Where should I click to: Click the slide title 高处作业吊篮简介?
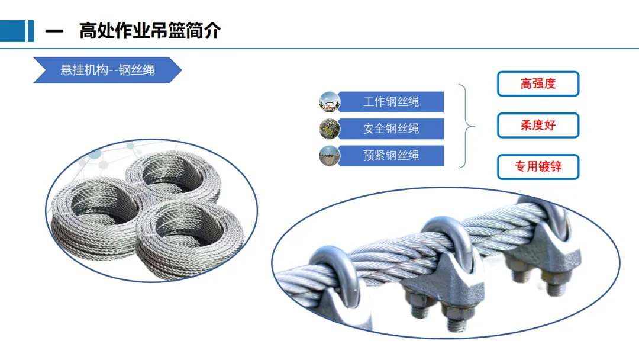point(150,31)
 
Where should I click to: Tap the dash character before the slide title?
point(54,31)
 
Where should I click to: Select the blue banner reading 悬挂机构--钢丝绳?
point(107,70)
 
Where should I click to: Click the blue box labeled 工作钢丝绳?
point(391,102)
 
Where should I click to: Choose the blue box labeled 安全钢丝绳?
point(391,128)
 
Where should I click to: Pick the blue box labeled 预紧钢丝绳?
point(391,156)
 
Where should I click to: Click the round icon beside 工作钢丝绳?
point(329,102)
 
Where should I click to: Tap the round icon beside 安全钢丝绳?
point(329,128)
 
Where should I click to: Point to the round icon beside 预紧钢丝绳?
point(329,156)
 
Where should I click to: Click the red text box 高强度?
point(538,83)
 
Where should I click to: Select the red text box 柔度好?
point(538,126)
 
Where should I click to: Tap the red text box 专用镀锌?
point(538,167)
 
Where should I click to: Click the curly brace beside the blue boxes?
point(467,126)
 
